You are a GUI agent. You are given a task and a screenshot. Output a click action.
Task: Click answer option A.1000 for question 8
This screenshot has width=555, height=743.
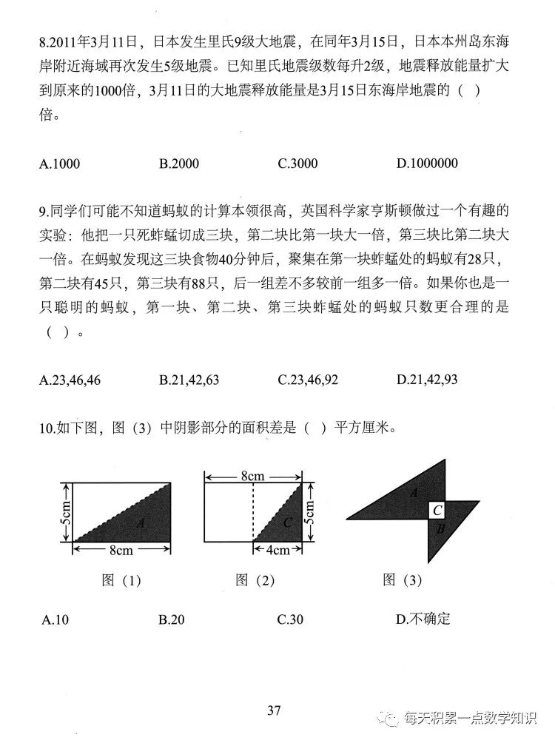(59, 164)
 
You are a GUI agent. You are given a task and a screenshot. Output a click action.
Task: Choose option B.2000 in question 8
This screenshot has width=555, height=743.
(179, 164)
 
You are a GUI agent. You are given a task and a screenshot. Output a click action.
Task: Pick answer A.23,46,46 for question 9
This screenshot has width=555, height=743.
(70, 380)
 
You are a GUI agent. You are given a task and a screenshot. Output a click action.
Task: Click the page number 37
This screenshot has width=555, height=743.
(275, 711)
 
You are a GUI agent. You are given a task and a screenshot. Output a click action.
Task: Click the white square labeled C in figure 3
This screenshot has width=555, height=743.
(437, 509)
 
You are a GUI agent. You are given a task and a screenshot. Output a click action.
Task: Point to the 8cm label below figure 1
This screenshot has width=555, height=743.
(121, 550)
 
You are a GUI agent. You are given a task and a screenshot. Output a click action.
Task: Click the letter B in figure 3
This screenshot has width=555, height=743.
(440, 528)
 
